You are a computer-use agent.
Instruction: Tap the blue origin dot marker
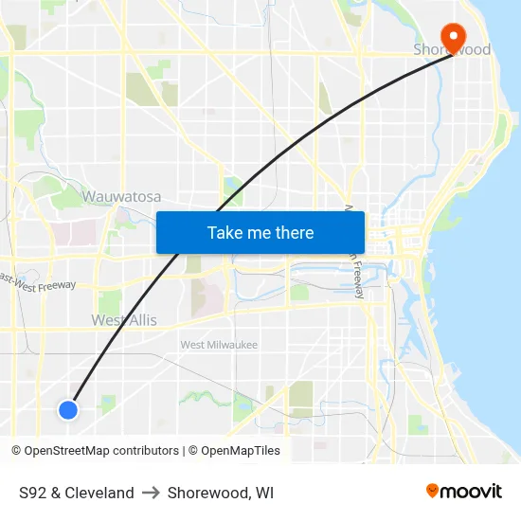tap(67, 409)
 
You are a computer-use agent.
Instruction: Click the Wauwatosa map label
tap(121, 197)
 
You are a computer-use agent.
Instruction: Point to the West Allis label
tap(124, 320)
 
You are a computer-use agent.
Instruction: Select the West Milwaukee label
tap(219, 345)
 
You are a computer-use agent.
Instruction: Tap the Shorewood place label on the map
tap(452, 49)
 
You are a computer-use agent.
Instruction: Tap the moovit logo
tap(464, 492)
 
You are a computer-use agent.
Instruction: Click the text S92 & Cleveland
tap(77, 493)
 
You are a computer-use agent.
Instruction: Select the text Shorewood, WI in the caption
tap(221, 493)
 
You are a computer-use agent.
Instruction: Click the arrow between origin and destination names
tap(151, 493)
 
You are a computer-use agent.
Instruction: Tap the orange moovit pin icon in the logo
tap(433, 491)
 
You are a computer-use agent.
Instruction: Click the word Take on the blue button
tap(225, 233)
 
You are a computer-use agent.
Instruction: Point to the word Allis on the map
tap(140, 320)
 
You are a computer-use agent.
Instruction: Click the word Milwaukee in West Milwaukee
tap(233, 345)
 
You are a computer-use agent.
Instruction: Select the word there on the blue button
tap(293, 233)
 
